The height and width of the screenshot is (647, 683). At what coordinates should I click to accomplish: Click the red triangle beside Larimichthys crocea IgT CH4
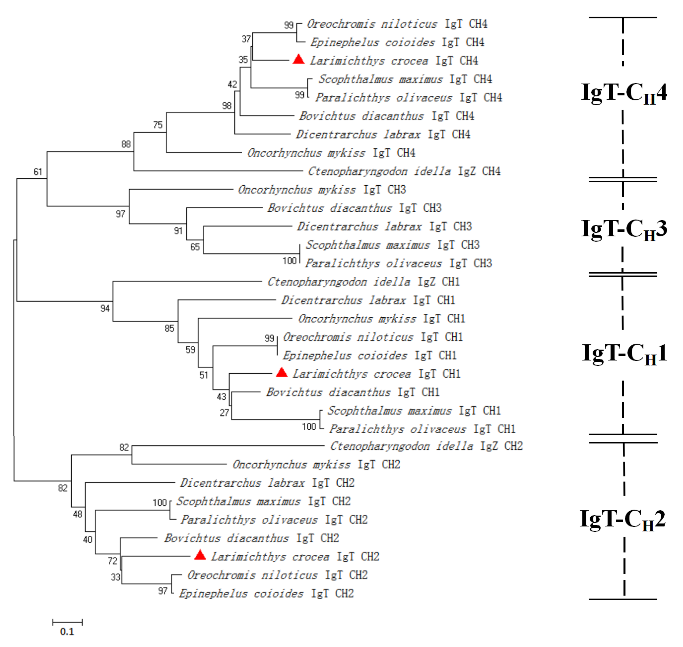tap(299, 60)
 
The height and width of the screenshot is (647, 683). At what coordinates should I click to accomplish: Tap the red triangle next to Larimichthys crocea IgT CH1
tap(282, 373)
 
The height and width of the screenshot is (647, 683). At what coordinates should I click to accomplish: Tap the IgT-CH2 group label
tap(623, 519)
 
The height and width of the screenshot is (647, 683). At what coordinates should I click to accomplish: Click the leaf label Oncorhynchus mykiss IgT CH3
tap(322, 190)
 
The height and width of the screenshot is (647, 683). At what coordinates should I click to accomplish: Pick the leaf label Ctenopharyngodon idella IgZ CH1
tap(363, 282)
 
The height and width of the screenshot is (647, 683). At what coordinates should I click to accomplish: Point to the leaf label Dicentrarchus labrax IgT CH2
tap(267, 483)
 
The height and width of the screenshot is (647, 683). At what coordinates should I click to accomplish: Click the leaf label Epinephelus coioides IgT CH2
tap(266, 593)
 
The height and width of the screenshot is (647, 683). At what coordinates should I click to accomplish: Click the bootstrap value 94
tap(105, 308)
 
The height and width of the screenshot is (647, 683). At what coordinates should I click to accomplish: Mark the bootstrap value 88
tap(126, 144)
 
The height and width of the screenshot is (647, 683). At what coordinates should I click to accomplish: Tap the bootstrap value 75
tap(158, 125)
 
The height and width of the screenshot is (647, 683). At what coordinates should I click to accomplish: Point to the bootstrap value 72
tap(112, 561)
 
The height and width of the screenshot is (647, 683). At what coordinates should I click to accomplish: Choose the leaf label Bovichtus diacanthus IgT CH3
tap(354, 208)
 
